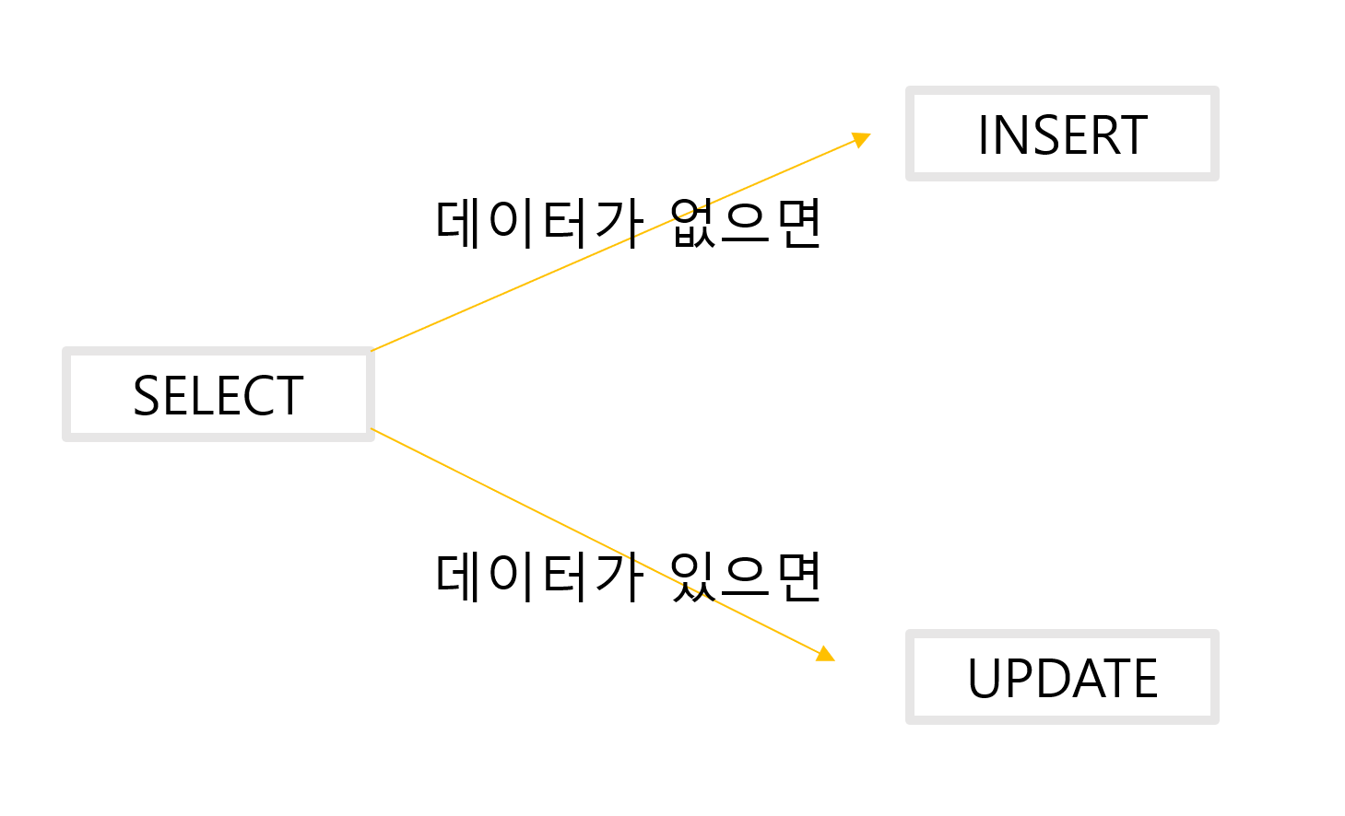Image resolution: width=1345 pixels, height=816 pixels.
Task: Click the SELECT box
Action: [218, 394]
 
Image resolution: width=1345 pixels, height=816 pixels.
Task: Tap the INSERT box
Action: [1062, 134]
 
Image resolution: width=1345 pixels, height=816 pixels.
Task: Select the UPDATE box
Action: [1062, 678]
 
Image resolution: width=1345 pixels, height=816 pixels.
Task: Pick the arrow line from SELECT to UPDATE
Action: [516, 501]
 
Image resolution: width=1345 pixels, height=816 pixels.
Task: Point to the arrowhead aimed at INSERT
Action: [862, 139]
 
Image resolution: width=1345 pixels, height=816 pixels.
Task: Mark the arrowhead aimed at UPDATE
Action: [825, 654]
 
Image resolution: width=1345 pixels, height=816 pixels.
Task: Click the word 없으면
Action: [745, 223]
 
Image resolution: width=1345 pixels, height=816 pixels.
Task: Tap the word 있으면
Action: [745, 577]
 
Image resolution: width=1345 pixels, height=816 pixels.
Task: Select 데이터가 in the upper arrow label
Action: [538, 223]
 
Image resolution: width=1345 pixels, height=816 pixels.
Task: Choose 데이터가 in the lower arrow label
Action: [538, 577]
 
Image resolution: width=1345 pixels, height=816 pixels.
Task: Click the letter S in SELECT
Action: [147, 396]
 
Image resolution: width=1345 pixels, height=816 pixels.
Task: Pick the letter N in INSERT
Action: [1007, 135]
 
